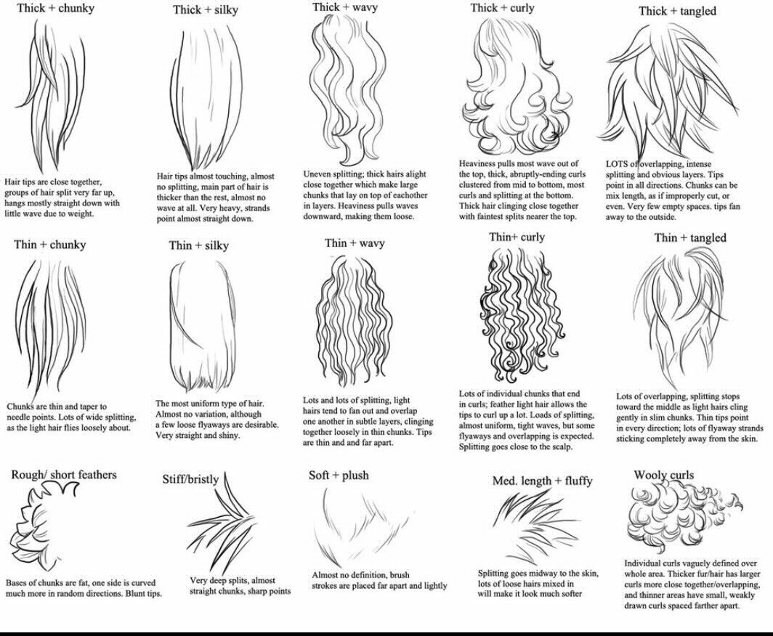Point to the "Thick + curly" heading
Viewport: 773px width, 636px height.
pyautogui.click(x=502, y=8)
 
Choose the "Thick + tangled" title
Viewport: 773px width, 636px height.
pyautogui.click(x=677, y=11)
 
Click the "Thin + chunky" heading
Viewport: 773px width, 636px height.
pyautogui.click(x=49, y=245)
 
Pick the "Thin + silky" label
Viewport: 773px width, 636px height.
pyautogui.click(x=198, y=245)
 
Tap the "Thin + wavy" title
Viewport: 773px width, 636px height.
pyautogui.click(x=355, y=242)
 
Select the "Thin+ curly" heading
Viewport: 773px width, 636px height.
pyautogui.click(x=517, y=237)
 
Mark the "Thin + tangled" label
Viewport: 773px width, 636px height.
pyautogui.click(x=689, y=238)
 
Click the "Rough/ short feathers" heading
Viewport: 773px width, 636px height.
pyautogui.click(x=64, y=475)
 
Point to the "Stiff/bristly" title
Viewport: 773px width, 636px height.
pyautogui.click(x=190, y=479)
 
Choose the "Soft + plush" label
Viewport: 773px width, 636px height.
pyautogui.click(x=339, y=476)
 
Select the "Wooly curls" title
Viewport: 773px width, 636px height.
pyautogui.click(x=663, y=476)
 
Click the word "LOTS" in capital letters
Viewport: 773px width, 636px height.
pyautogui.click(x=617, y=164)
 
